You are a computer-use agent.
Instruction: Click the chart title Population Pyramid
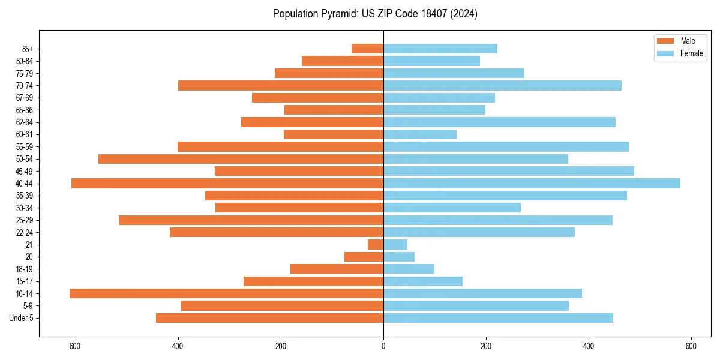[375, 14]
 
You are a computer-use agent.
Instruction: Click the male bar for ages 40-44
[227, 184]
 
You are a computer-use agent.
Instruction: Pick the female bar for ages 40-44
[532, 184]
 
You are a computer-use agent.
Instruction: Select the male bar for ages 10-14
[226, 293]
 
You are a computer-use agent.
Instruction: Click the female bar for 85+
[440, 49]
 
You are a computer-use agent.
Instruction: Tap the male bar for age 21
[376, 245]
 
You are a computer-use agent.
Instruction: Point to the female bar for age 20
[399, 257]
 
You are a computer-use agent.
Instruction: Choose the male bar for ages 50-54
[241, 159]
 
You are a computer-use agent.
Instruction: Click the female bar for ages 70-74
[502, 86]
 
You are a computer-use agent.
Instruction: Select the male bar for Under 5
[269, 318]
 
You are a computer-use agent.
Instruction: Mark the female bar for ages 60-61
[420, 134]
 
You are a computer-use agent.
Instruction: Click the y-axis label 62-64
[25, 122]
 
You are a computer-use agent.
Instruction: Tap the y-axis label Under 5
[22, 318]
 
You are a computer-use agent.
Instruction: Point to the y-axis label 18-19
[25, 269]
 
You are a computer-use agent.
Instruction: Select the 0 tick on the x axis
[383, 346]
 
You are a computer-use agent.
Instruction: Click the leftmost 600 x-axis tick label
[75, 346]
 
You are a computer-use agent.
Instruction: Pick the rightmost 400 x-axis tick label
[589, 346]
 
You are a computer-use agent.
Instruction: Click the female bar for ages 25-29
[498, 220]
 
